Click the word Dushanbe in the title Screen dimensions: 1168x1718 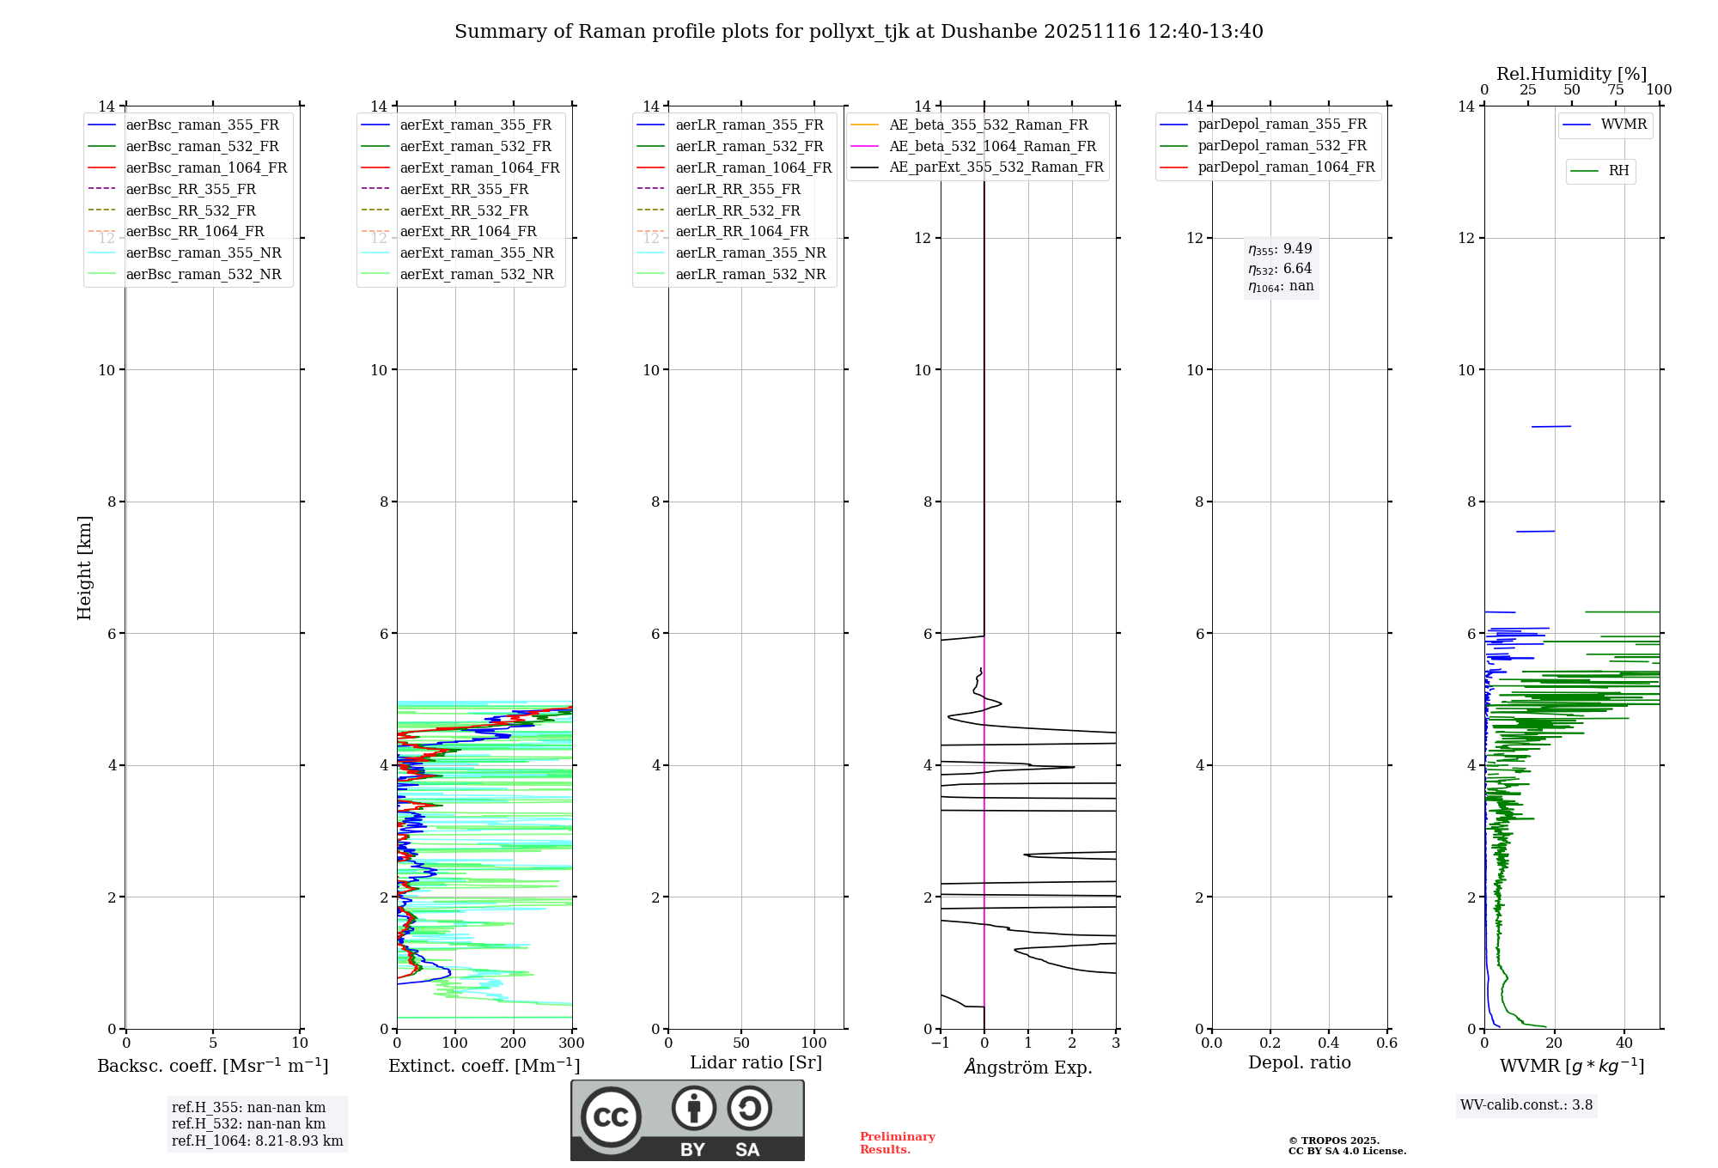click(989, 32)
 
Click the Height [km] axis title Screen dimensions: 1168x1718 click(84, 568)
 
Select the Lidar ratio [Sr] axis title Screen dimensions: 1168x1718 click(756, 1062)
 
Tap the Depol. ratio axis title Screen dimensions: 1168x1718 click(1299, 1062)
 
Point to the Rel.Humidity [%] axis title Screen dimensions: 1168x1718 click(1571, 74)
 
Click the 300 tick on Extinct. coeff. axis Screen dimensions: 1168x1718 click(571, 1043)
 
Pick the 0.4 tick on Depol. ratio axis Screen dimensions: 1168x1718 click(1328, 1043)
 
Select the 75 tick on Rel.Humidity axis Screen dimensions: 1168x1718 click(1615, 90)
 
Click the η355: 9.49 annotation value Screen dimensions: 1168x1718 click(1280, 249)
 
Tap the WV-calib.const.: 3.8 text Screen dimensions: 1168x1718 click(1526, 1105)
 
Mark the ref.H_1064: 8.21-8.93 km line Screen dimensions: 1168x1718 click(257, 1141)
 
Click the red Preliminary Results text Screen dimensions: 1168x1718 click(897, 1143)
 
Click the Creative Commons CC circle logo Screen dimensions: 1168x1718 click(611, 1117)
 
